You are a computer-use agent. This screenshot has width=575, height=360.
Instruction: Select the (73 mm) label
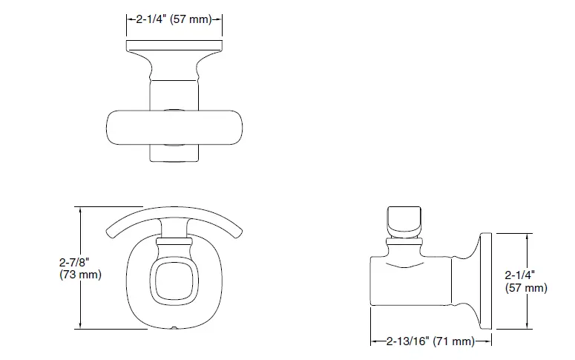click(x=79, y=275)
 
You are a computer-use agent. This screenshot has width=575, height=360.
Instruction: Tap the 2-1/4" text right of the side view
click(x=523, y=274)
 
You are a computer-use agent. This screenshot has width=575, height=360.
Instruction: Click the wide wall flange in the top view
click(x=176, y=48)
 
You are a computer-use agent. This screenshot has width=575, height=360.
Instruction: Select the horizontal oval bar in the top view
click(x=176, y=128)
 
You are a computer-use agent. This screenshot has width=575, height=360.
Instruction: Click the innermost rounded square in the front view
click(x=175, y=280)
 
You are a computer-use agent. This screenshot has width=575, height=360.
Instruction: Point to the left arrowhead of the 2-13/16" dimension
click(x=374, y=341)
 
